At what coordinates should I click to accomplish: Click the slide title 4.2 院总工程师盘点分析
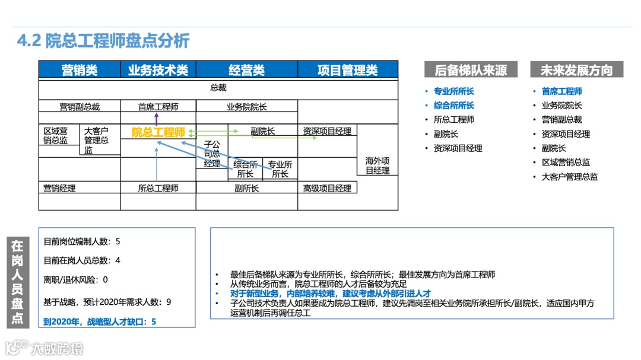tap(103, 41)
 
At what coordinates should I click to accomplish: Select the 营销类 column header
tap(80, 70)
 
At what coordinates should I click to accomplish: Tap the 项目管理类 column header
tap(347, 70)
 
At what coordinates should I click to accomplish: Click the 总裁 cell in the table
tap(218, 88)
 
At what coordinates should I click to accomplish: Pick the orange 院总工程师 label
tap(158, 132)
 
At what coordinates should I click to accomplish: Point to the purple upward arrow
tap(157, 117)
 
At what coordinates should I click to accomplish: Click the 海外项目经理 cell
tap(377, 165)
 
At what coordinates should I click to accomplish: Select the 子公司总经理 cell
tap(212, 154)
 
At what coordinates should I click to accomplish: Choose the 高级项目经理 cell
tap(327, 188)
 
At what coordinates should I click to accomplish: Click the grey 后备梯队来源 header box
tap(471, 70)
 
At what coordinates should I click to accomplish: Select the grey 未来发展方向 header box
tap(576, 70)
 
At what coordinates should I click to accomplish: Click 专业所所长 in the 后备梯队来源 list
tap(454, 91)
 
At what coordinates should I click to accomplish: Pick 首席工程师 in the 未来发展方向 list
tap(561, 91)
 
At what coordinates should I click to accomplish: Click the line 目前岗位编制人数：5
tap(82, 241)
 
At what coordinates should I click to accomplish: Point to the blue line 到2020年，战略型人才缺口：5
tap(100, 321)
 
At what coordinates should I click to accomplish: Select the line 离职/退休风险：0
tap(76, 279)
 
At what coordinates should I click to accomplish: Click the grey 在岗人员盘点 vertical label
tap(17, 282)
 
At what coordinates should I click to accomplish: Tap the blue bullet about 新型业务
tap(330, 294)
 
